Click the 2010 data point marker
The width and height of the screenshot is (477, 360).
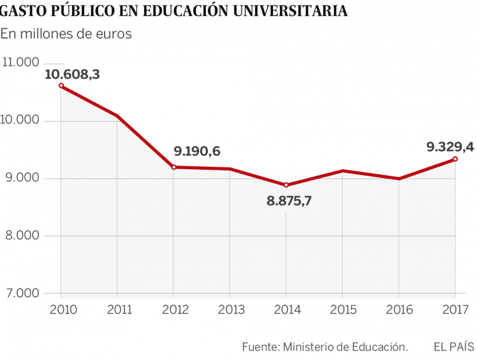click(x=61, y=85)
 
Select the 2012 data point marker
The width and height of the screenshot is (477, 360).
click(x=174, y=167)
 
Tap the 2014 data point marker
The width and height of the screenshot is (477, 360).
click(x=286, y=185)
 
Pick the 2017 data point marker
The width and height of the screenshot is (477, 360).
click(x=455, y=159)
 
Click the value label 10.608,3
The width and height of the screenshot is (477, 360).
click(x=72, y=74)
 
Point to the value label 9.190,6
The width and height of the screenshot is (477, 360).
click(x=197, y=151)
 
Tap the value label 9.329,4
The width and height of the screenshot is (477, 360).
click(x=450, y=147)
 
